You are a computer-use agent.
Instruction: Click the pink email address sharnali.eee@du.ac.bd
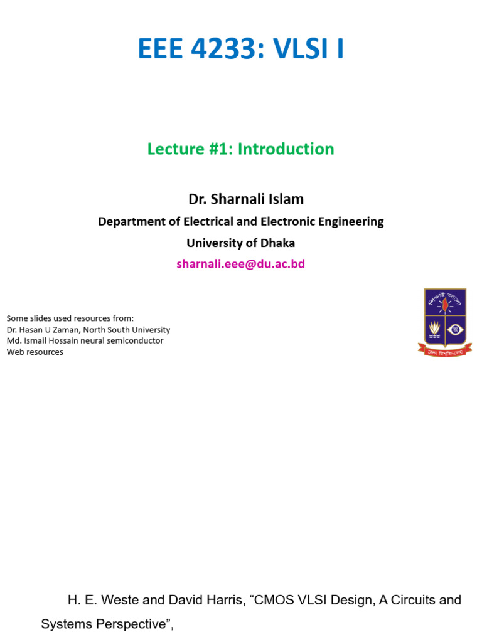240,264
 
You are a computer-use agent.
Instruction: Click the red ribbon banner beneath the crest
445,351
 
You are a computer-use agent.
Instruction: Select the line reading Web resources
35,352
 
